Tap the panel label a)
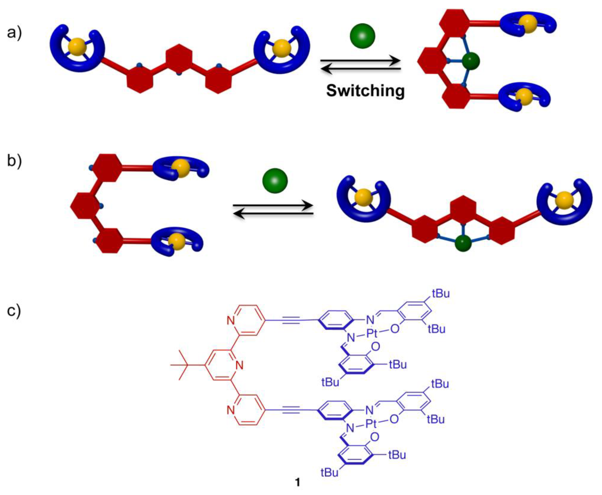(x=14, y=33)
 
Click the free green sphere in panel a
(x=362, y=36)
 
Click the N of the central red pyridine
(x=239, y=365)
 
